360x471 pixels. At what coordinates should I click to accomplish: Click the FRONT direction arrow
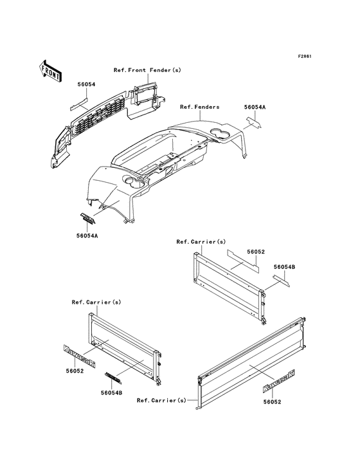[x=50, y=71]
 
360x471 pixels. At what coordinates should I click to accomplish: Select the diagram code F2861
[x=305, y=56]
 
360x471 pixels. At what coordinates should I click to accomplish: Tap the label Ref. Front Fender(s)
[x=147, y=70]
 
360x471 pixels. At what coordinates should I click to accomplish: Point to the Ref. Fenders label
[x=199, y=107]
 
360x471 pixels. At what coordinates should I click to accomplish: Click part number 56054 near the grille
[x=86, y=84]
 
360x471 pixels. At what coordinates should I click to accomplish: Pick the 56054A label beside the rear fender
[x=255, y=107]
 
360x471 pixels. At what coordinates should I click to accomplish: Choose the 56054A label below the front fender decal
[x=87, y=235]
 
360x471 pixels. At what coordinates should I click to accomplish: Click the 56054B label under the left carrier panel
[x=111, y=392]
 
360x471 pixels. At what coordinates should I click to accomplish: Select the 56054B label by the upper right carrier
[x=284, y=267]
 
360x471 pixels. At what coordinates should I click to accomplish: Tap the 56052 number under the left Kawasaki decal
[x=75, y=371]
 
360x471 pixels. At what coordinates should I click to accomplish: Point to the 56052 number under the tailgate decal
[x=272, y=402]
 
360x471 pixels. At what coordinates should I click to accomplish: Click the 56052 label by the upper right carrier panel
[x=256, y=252]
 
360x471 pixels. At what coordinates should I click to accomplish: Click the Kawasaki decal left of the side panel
[x=80, y=356]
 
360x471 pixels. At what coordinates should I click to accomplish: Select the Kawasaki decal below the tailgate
[x=279, y=381]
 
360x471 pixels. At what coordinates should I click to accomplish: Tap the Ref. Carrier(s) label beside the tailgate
[x=161, y=400]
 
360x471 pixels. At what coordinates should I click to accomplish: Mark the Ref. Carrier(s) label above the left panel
[x=96, y=302]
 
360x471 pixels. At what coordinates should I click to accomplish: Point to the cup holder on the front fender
[x=132, y=182]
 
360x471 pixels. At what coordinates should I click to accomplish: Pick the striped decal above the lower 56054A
[x=87, y=218]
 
